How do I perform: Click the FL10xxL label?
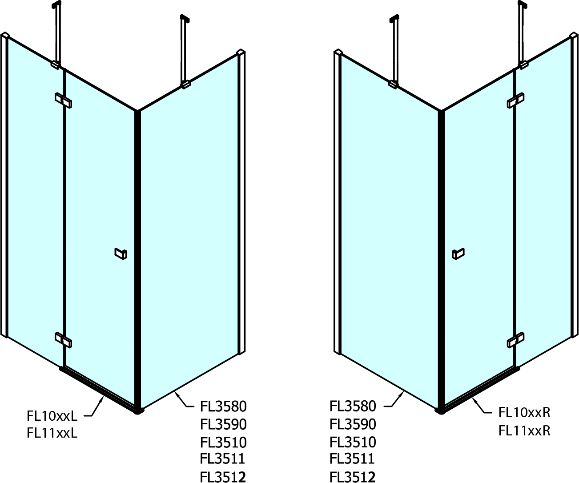[x=52, y=416]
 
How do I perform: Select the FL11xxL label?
[x=52, y=433]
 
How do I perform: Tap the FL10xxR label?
[x=524, y=413]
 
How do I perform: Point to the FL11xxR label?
[x=524, y=431]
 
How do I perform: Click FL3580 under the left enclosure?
[x=223, y=407]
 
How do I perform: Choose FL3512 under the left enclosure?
[x=223, y=477]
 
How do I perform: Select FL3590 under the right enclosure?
[x=353, y=424]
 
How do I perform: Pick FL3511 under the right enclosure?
[x=352, y=459]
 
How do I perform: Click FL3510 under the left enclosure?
[x=223, y=443]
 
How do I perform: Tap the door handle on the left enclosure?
[x=121, y=254]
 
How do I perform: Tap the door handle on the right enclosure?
[x=458, y=254]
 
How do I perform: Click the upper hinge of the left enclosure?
[x=63, y=101]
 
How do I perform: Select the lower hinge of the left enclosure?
[x=63, y=340]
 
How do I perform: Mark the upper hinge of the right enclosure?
[x=516, y=101]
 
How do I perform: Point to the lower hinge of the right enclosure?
[x=516, y=340]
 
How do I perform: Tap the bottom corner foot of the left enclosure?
[x=138, y=410]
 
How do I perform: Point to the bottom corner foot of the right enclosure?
[x=440, y=410]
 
